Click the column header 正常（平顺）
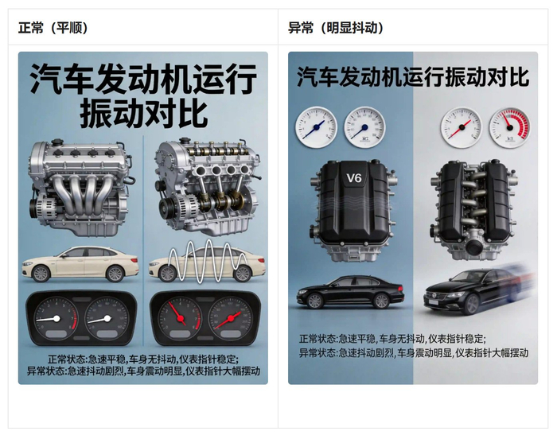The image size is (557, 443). tap(53, 28)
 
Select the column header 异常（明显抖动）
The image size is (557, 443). tap(336, 28)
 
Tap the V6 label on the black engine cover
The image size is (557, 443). tap(354, 177)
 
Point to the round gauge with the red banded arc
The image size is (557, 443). tap(509, 128)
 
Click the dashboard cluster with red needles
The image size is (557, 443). tap(205, 318)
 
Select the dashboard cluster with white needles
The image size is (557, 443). tap(81, 318)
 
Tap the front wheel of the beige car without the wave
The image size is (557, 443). tap(41, 274)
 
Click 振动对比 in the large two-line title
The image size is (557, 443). tap(143, 114)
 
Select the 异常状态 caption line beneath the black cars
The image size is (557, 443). tap(414, 353)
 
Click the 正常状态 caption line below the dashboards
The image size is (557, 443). tap(143, 359)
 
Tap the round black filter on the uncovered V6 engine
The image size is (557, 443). tap(476, 247)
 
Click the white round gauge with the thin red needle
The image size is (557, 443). tap(461, 128)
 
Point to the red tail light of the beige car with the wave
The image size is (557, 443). tap(262, 261)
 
